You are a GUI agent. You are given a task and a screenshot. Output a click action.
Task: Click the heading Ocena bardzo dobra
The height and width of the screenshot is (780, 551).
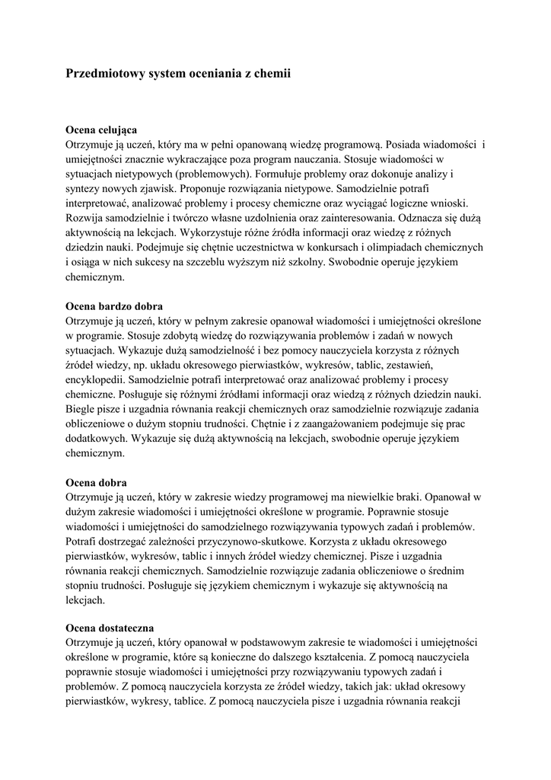pyautogui.click(x=115, y=307)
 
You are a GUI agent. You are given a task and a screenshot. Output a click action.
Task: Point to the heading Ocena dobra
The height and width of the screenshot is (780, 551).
pyautogui.click(x=97, y=483)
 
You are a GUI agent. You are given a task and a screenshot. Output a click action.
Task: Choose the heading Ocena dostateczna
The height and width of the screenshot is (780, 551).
pyautogui.click(x=110, y=628)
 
